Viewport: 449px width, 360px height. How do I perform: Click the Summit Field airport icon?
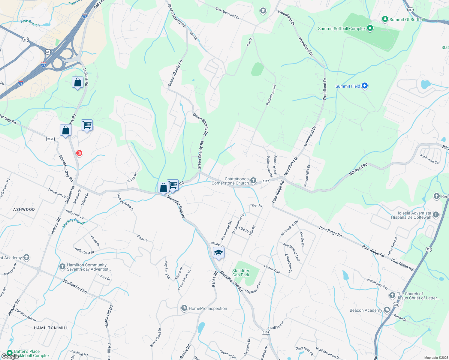(x=365, y=86)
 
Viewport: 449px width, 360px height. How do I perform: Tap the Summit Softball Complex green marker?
(x=370, y=28)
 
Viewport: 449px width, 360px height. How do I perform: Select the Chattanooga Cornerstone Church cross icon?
(x=253, y=181)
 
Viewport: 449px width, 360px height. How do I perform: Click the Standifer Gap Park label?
(x=241, y=273)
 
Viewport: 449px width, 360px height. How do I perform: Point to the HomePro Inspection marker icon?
(x=184, y=308)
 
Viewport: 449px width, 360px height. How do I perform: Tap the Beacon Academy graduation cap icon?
(x=387, y=310)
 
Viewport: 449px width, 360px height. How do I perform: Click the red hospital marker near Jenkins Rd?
(x=79, y=153)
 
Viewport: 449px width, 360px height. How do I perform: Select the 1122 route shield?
(x=266, y=181)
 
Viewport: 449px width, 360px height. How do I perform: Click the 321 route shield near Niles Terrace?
(x=429, y=249)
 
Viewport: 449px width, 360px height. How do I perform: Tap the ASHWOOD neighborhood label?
(x=24, y=209)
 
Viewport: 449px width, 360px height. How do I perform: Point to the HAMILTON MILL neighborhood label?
(x=51, y=328)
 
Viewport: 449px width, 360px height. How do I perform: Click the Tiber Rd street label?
(x=256, y=205)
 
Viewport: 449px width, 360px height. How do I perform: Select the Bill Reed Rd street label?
(x=358, y=169)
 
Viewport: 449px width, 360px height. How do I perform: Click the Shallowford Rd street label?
(x=75, y=286)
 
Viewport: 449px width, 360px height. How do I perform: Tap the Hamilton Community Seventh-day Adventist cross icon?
(x=62, y=266)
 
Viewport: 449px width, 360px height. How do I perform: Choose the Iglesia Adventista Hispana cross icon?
(x=436, y=215)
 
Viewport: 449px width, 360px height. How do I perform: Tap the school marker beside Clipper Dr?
(x=218, y=253)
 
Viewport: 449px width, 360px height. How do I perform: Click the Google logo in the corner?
(x=10, y=356)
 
